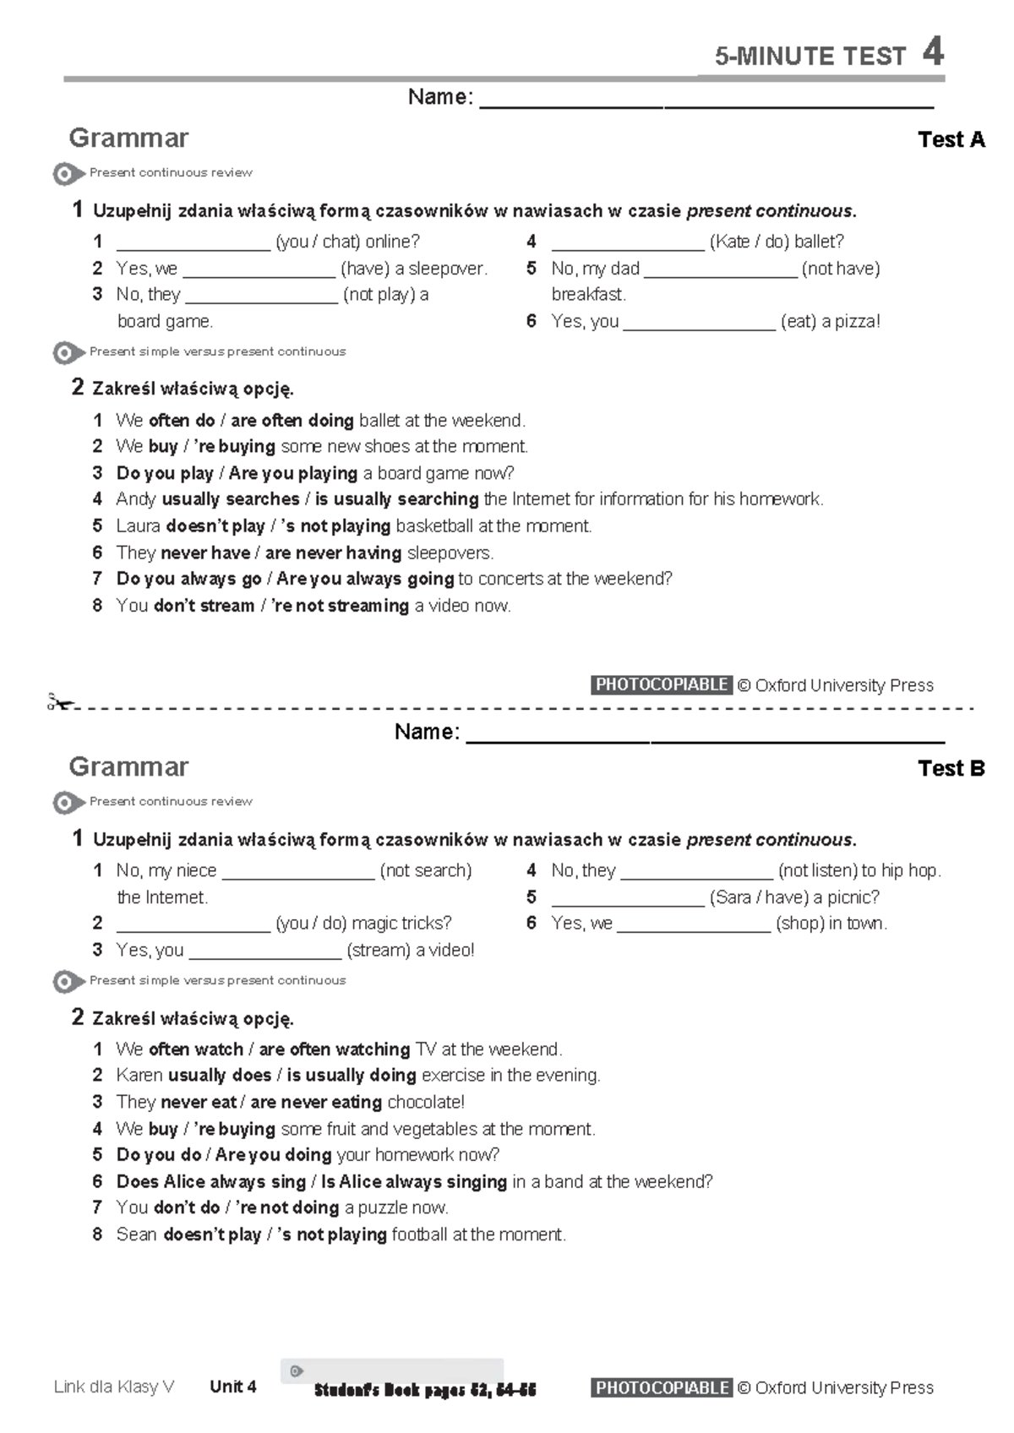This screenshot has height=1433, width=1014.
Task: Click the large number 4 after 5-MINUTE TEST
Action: (x=933, y=52)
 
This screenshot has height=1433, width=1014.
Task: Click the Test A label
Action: (x=951, y=139)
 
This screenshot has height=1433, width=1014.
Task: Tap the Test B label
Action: (x=951, y=768)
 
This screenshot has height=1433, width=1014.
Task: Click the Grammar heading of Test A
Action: (x=128, y=138)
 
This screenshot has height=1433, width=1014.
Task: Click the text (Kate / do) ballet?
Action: (x=777, y=242)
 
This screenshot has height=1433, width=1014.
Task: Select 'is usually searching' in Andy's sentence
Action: (x=396, y=499)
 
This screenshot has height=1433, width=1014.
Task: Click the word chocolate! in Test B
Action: (x=426, y=1102)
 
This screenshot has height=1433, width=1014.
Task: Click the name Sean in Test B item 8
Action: (x=136, y=1234)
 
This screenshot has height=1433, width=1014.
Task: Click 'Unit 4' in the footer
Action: (x=233, y=1387)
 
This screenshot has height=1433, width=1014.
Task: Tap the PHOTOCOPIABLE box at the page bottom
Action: (x=662, y=1387)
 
